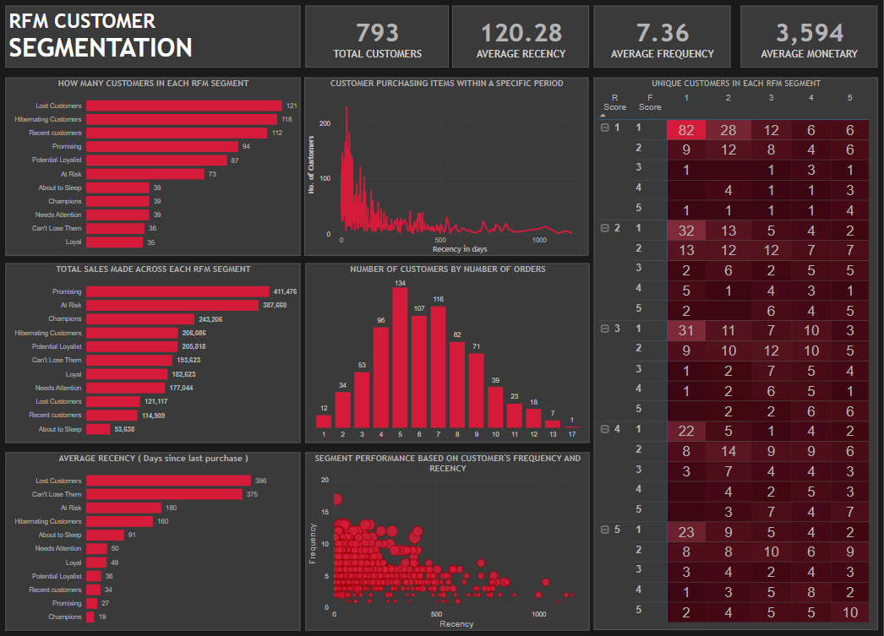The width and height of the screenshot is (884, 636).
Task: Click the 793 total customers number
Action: coord(377,33)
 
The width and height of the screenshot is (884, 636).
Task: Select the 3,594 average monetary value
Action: coord(809,33)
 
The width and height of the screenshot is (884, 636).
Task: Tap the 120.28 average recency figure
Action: coord(521,33)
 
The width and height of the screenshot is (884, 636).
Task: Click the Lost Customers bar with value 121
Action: coord(183,106)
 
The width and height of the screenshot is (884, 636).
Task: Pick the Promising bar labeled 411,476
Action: coord(177,291)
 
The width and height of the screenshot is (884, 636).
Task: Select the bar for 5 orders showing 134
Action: coord(400,356)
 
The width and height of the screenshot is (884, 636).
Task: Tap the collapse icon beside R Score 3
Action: coord(604,328)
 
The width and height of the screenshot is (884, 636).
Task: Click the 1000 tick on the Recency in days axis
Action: coord(539,241)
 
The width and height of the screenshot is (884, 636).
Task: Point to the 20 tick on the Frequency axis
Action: coord(325,480)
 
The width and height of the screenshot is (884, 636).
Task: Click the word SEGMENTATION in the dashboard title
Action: coord(101,47)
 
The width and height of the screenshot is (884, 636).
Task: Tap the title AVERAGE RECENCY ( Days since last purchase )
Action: coord(153,459)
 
